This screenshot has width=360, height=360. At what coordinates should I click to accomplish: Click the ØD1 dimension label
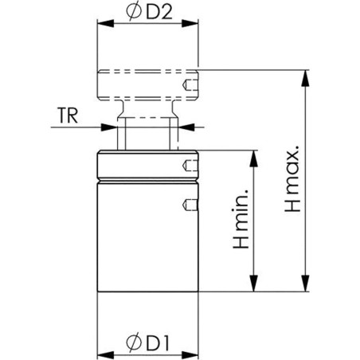(147, 343)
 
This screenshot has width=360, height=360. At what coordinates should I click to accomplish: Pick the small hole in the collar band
(190, 166)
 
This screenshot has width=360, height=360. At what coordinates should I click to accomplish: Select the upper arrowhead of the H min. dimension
(253, 155)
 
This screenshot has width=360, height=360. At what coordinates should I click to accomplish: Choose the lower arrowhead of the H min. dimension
(253, 288)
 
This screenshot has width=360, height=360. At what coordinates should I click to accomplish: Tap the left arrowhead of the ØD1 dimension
(103, 353)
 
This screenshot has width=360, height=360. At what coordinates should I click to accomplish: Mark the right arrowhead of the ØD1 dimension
(194, 353)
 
